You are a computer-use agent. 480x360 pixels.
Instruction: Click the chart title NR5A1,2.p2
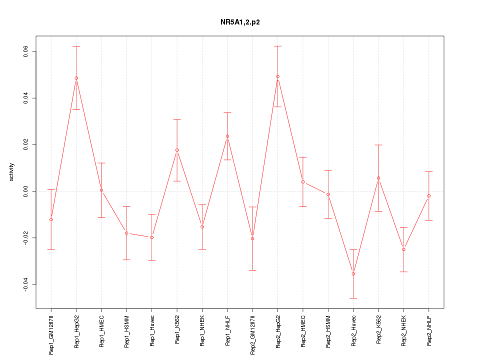click(x=240, y=22)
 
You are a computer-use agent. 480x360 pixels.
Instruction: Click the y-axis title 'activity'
click(x=12, y=172)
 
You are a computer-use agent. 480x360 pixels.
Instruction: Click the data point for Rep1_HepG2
click(x=76, y=78)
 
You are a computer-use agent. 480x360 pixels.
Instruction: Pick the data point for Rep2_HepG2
click(x=278, y=76)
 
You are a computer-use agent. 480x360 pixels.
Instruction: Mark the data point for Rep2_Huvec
click(x=353, y=274)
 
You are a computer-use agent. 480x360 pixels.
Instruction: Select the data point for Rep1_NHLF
click(x=227, y=136)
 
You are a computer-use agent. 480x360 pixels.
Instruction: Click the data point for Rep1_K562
click(x=177, y=150)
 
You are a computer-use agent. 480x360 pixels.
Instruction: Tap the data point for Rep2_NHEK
click(x=404, y=249)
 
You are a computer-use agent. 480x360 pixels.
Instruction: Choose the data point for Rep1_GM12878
click(x=51, y=219)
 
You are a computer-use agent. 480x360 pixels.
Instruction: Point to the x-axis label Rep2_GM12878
click(x=252, y=334)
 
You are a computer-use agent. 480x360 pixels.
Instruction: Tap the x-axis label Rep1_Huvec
click(x=152, y=331)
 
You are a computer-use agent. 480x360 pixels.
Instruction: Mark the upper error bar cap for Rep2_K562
click(x=378, y=145)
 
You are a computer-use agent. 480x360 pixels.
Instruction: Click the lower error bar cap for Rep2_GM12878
click(x=252, y=270)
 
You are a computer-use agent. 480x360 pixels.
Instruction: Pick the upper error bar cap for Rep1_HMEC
click(x=101, y=163)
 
